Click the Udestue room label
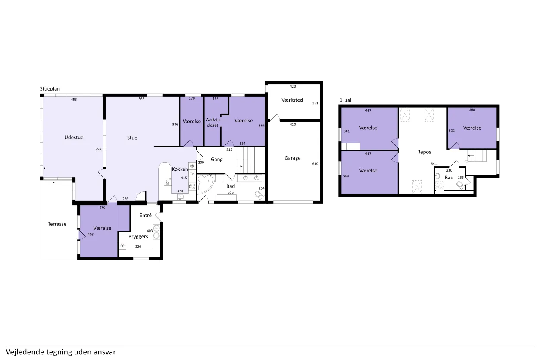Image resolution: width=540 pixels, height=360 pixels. coord(74,138)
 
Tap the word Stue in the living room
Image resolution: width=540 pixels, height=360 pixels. coord(132,138)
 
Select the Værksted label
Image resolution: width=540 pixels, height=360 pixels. coord(292,100)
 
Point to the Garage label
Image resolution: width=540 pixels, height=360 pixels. coord(293,158)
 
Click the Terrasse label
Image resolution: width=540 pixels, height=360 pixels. coord(57,224)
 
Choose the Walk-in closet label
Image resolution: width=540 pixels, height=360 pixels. coord(212,122)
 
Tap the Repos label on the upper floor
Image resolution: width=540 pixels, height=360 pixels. coord(424,152)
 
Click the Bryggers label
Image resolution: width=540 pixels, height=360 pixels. coord(138,237)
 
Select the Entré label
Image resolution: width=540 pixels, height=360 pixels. coord(146,215)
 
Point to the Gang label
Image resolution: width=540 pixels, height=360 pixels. coord(216,160)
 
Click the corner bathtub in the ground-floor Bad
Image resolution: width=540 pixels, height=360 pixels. coord(206,184)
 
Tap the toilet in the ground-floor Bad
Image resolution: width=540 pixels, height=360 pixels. coord(259,195)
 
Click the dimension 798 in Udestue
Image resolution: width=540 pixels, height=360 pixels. coord(98,149)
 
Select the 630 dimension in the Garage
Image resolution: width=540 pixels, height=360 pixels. coord(315,164)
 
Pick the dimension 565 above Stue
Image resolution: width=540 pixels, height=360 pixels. coord(141,99)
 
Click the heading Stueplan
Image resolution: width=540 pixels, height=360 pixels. coord(50,89)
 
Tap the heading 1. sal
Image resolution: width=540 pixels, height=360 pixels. coord(345,100)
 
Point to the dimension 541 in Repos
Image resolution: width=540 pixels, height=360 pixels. coord(434,164)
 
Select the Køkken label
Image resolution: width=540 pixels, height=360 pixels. coord(180,169)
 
